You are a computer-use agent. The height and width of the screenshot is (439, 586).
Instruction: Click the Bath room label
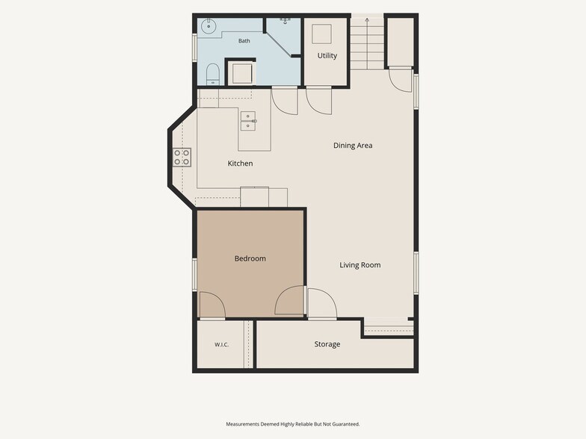(244, 40)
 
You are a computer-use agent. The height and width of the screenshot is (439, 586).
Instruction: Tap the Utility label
(327, 55)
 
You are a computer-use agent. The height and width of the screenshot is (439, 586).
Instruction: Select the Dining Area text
(353, 145)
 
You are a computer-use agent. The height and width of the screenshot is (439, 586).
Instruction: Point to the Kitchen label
(240, 163)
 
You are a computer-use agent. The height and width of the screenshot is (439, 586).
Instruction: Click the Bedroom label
(250, 258)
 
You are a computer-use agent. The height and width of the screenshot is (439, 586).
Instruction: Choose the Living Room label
(360, 265)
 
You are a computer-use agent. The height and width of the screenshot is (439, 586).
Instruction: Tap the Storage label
(327, 344)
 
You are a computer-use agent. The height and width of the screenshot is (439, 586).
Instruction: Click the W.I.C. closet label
(221, 345)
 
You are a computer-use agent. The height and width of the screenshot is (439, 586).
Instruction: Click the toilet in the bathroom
(212, 75)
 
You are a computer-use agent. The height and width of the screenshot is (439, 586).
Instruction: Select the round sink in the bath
(209, 26)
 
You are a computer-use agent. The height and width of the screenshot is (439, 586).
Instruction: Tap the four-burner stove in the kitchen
(182, 157)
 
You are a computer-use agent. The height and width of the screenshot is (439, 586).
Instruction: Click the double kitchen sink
(248, 121)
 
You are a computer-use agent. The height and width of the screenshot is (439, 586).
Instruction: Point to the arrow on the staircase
(367, 43)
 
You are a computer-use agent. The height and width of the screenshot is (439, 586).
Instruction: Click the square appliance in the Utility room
(321, 34)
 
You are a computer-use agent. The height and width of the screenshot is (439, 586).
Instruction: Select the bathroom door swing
(284, 100)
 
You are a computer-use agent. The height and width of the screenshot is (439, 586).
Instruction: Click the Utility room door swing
(318, 100)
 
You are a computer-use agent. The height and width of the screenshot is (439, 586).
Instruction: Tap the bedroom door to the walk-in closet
(212, 305)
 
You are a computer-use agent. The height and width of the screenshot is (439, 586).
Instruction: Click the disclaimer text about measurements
(293, 424)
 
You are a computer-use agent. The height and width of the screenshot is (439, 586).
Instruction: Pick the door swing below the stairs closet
(401, 79)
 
